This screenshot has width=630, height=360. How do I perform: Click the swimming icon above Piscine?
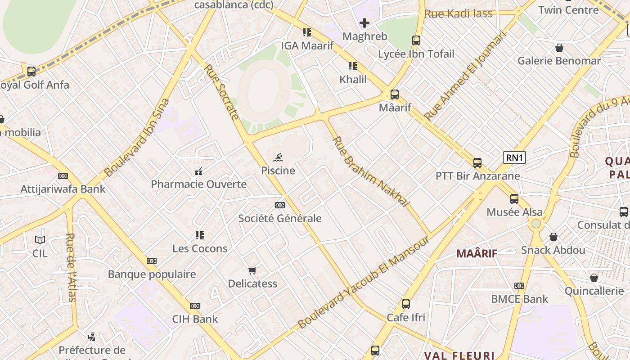point(279,157)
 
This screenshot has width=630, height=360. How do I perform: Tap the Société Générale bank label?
point(280,219)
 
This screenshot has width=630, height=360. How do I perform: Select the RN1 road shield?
point(514,157)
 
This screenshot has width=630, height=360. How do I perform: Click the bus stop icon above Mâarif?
point(395,94)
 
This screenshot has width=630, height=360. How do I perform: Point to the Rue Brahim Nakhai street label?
point(370,172)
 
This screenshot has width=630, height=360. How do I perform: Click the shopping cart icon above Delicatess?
point(252,270)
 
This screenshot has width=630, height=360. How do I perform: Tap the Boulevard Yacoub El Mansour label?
point(364,282)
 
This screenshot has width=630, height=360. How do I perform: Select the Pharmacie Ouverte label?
point(198,184)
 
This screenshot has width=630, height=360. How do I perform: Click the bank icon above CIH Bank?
point(195,306)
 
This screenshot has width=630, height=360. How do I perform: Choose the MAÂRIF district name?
point(477,253)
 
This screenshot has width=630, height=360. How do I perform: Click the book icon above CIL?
point(40,240)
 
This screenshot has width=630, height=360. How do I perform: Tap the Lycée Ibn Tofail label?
point(416,54)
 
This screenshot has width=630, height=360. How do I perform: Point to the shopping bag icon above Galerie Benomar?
point(559,48)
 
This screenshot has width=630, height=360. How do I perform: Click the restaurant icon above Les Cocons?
point(200,235)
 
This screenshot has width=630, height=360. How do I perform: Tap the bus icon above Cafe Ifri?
point(406,304)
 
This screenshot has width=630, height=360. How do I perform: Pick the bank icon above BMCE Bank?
point(519,286)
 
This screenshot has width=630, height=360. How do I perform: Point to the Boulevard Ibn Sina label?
point(136,138)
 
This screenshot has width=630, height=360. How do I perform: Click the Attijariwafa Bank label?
point(63,189)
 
